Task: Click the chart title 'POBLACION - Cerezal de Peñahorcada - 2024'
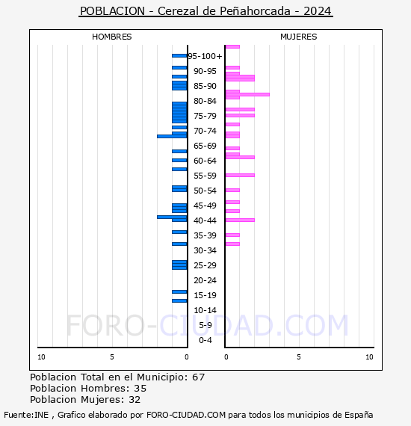tap(205, 11)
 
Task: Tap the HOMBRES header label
tap(111, 37)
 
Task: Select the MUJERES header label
tap(298, 37)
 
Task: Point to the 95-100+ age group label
tap(205, 56)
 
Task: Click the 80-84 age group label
tap(205, 101)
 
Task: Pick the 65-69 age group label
tap(205, 146)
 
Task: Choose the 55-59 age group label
tap(205, 176)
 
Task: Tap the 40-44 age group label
tap(205, 220)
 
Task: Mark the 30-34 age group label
tap(205, 250)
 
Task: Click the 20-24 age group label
tap(205, 280)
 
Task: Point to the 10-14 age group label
tap(205, 310)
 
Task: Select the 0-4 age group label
tap(205, 340)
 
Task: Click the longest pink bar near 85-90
tap(247, 94)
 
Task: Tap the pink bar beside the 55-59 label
tap(240, 175)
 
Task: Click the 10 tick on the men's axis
tap(41, 357)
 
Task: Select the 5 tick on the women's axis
tap(298, 357)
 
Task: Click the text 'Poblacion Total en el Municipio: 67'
tap(117, 377)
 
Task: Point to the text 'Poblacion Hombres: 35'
tap(88, 389)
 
